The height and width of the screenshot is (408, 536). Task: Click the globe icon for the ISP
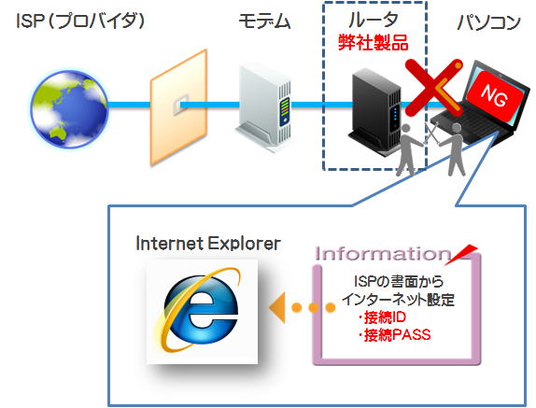tap(70, 108)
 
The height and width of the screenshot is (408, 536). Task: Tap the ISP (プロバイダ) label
tap(80, 21)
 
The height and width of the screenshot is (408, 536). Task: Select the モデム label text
tap(264, 21)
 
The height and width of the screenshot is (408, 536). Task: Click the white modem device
tap(263, 107)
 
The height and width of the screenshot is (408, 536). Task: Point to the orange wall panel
tap(178, 107)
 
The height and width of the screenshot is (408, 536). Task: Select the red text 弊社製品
tap(374, 43)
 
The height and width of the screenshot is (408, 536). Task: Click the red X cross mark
tap(433, 88)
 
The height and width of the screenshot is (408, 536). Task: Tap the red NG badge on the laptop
tap(494, 93)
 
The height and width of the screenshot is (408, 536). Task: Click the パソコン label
tap(489, 21)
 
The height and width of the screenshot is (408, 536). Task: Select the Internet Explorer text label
tap(208, 244)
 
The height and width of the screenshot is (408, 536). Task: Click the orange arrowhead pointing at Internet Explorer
tap(277, 307)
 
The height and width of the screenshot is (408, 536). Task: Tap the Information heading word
tap(383, 254)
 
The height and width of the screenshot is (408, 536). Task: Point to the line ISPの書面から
tap(399, 282)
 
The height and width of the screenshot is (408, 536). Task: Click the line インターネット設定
tap(399, 300)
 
